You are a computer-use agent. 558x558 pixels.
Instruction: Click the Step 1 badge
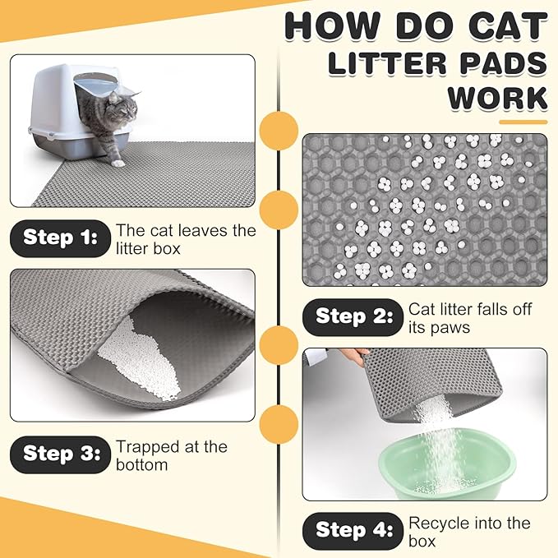(60, 237)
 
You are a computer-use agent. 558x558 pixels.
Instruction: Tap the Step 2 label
(353, 316)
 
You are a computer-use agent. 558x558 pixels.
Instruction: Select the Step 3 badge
(60, 453)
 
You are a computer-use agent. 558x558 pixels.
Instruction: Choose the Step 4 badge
(353, 530)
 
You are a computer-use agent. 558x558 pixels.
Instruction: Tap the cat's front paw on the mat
(118, 163)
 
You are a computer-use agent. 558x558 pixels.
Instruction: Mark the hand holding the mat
(353, 357)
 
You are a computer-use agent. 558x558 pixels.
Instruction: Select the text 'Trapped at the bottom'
(171, 455)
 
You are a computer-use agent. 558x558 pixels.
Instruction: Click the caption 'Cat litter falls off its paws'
(469, 318)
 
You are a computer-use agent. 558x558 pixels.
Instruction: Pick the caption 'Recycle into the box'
(469, 532)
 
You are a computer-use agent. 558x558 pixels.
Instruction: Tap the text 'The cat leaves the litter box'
(186, 239)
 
